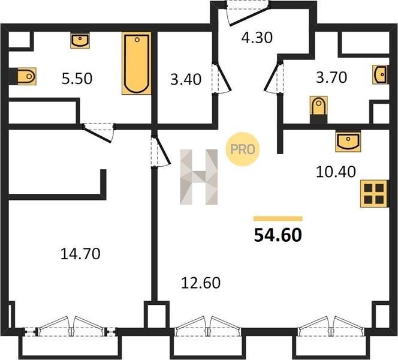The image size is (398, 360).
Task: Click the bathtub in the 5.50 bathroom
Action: [x=137, y=63]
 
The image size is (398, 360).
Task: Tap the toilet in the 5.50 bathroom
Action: [x=26, y=76]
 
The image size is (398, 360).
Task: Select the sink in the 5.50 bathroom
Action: [x=80, y=40]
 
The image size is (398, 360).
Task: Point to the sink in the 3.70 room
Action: [x=381, y=74]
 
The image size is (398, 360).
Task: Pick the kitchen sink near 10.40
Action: [x=348, y=142]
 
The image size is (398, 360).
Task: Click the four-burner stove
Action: [x=374, y=194]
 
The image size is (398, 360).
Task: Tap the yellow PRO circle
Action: [x=242, y=149]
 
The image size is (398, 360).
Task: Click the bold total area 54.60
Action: [x=278, y=235]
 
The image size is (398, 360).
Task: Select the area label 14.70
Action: [x=80, y=254]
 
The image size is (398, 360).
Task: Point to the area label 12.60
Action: [x=201, y=283]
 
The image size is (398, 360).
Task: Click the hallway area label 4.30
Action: [x=257, y=38]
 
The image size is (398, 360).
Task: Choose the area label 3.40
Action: [x=186, y=79]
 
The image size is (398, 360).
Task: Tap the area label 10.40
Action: [x=336, y=172]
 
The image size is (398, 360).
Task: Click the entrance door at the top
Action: [x=248, y=13]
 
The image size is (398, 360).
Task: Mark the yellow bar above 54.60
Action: [x=278, y=218]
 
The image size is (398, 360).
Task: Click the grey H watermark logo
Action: [x=199, y=177]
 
